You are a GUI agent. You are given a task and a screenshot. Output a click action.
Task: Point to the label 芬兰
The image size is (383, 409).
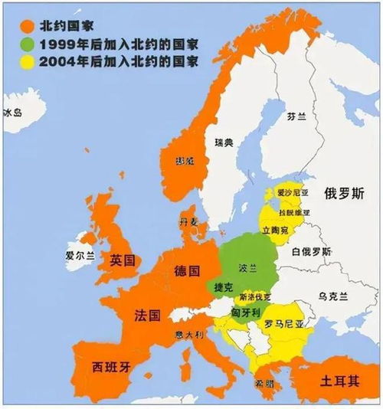(296, 118)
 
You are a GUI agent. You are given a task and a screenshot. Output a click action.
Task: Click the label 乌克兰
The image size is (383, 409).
(333, 296)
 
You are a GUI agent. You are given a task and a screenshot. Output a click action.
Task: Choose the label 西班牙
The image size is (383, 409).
(111, 366)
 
